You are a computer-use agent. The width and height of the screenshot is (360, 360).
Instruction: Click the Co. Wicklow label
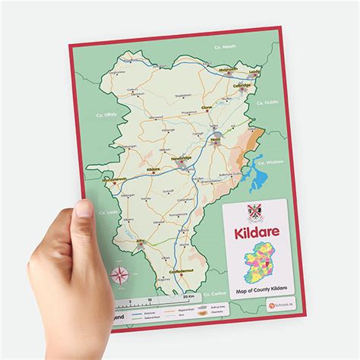271,162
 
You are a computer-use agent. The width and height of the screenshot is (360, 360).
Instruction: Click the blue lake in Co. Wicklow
260,179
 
